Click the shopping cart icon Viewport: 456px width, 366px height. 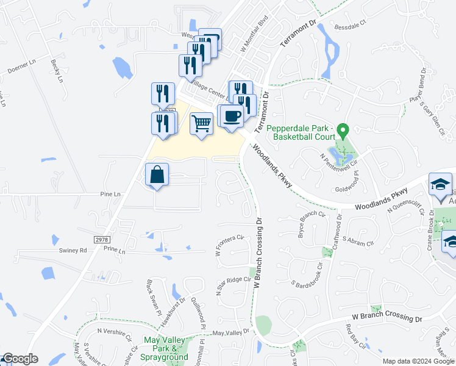[201, 124]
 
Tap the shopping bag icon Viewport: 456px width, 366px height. [157, 174]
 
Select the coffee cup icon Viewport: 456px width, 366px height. [231, 116]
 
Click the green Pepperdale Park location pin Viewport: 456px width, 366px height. [343, 130]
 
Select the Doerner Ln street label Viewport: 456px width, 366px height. [22, 68]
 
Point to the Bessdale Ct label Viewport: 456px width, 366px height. [349, 26]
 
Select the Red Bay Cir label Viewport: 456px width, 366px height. [354, 337]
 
